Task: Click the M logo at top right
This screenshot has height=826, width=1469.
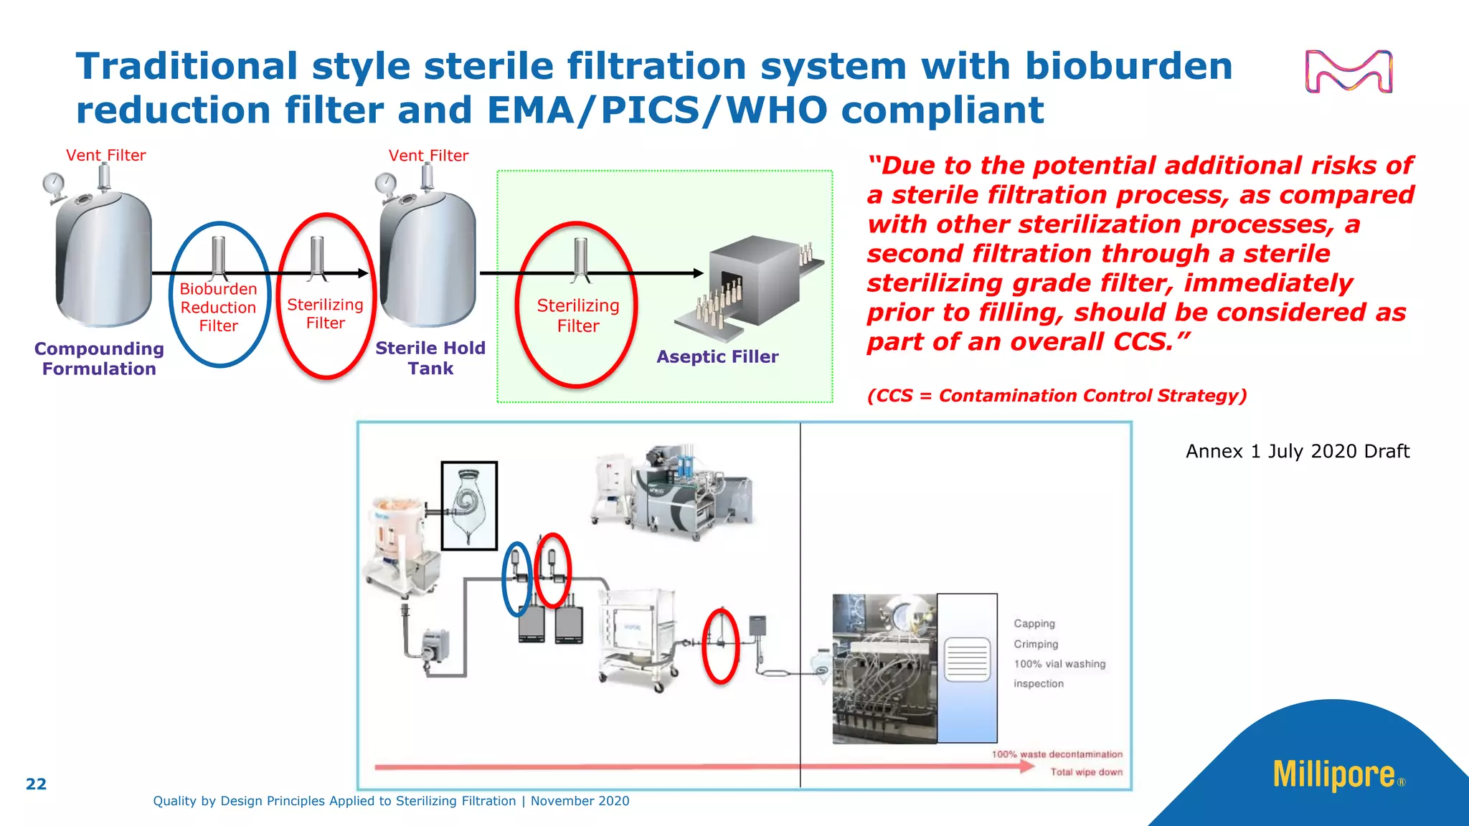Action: coord(1348,72)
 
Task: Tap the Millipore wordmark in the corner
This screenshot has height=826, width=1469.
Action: coord(1334,775)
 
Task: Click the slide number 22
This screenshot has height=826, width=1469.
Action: coord(36,784)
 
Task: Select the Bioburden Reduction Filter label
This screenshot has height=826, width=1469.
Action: coord(218,308)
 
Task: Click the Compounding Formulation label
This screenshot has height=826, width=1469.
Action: coord(99,359)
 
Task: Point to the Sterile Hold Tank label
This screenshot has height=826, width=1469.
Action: coord(430,358)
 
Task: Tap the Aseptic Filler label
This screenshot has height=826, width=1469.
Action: coord(717,356)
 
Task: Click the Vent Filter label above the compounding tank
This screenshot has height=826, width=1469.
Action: coord(105,156)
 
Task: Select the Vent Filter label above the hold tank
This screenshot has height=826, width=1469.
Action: coord(428,156)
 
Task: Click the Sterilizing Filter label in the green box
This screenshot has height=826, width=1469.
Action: coord(578,315)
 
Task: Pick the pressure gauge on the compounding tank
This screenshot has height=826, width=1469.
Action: coord(52,184)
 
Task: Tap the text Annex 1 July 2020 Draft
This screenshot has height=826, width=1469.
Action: coord(1297,451)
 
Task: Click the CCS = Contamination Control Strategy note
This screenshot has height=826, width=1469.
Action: coord(1057,396)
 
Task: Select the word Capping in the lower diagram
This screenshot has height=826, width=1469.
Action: coord(1034,624)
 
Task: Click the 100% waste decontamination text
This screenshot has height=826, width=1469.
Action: coord(1057,754)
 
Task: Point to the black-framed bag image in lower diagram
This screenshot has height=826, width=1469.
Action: coord(469,506)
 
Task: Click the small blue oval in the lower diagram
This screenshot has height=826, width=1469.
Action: coord(516,579)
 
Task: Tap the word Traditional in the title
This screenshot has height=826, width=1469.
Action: coord(186,66)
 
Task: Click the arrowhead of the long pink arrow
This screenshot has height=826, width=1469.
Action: coord(1028,766)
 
